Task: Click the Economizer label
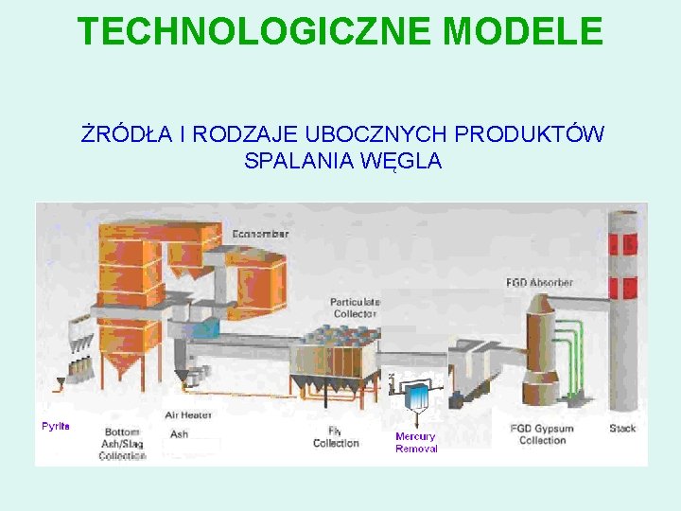click(260, 233)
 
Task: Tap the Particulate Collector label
click(354, 308)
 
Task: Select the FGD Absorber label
click(539, 283)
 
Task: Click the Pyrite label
click(56, 426)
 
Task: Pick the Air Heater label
click(188, 414)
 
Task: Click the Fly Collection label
click(336, 436)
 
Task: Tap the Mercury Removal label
click(416, 442)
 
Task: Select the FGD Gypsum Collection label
click(543, 434)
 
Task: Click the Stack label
click(622, 429)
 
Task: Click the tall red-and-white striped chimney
click(623, 312)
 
